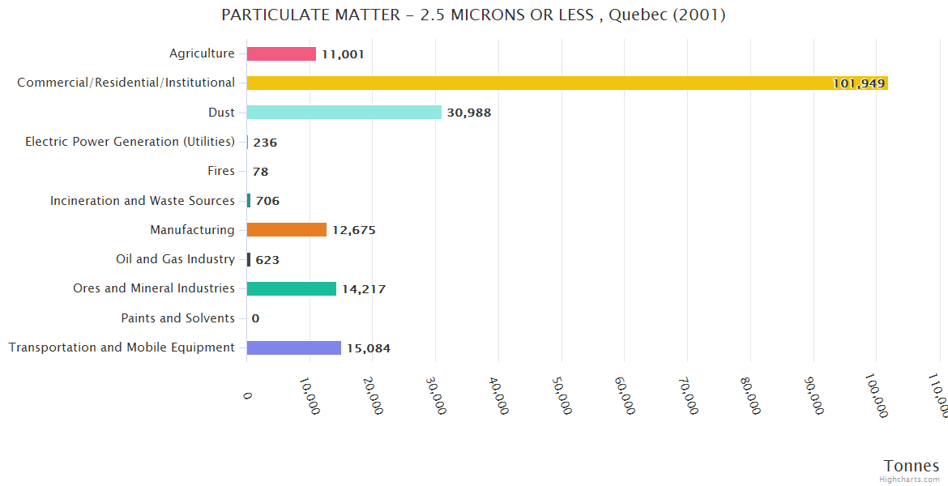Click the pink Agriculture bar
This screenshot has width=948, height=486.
coord(281,53)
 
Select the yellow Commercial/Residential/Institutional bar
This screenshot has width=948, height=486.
coord(567,83)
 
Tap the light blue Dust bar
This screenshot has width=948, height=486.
coord(344,113)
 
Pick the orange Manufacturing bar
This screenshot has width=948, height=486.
coord(286,230)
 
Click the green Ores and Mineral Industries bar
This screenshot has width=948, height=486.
coord(291,288)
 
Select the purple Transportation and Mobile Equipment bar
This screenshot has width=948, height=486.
coord(293,347)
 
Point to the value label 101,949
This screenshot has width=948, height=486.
coord(858,83)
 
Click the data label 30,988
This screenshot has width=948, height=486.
coord(468,113)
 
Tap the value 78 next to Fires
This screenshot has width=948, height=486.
coord(260,172)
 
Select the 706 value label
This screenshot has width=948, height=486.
coord(267,201)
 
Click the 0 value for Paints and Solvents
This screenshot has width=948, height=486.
coord(255,318)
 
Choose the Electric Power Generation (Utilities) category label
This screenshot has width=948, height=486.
coord(130,142)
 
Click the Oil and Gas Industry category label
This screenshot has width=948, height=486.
coord(175,259)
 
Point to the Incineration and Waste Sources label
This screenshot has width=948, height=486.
coord(142,201)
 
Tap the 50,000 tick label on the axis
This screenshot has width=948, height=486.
coord(561,395)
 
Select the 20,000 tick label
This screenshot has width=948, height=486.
coord(372,395)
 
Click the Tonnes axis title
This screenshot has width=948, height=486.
coord(911,466)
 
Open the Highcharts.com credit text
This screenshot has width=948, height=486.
coord(910,480)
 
